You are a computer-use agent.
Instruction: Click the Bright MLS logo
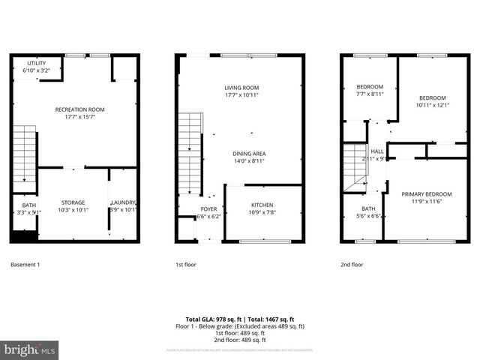tap(30, 349)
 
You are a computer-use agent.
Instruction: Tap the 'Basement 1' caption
tap(25, 265)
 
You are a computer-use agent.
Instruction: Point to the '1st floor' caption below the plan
tap(185, 265)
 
